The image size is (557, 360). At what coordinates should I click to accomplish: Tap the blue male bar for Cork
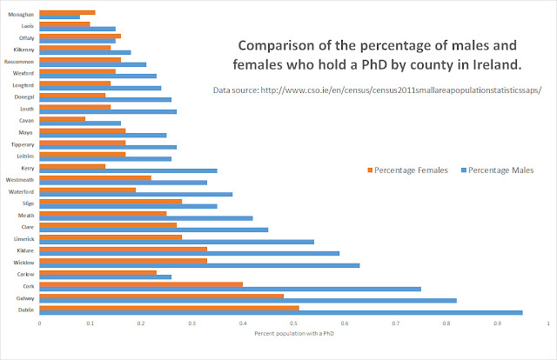230,287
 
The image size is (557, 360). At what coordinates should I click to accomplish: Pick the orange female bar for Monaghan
67,12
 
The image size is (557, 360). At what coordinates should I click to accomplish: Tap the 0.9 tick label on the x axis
497,324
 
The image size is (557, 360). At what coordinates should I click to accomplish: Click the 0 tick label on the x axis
39,324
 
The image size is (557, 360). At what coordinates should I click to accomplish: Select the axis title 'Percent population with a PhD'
292,334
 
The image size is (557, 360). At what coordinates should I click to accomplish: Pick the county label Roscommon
20,62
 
